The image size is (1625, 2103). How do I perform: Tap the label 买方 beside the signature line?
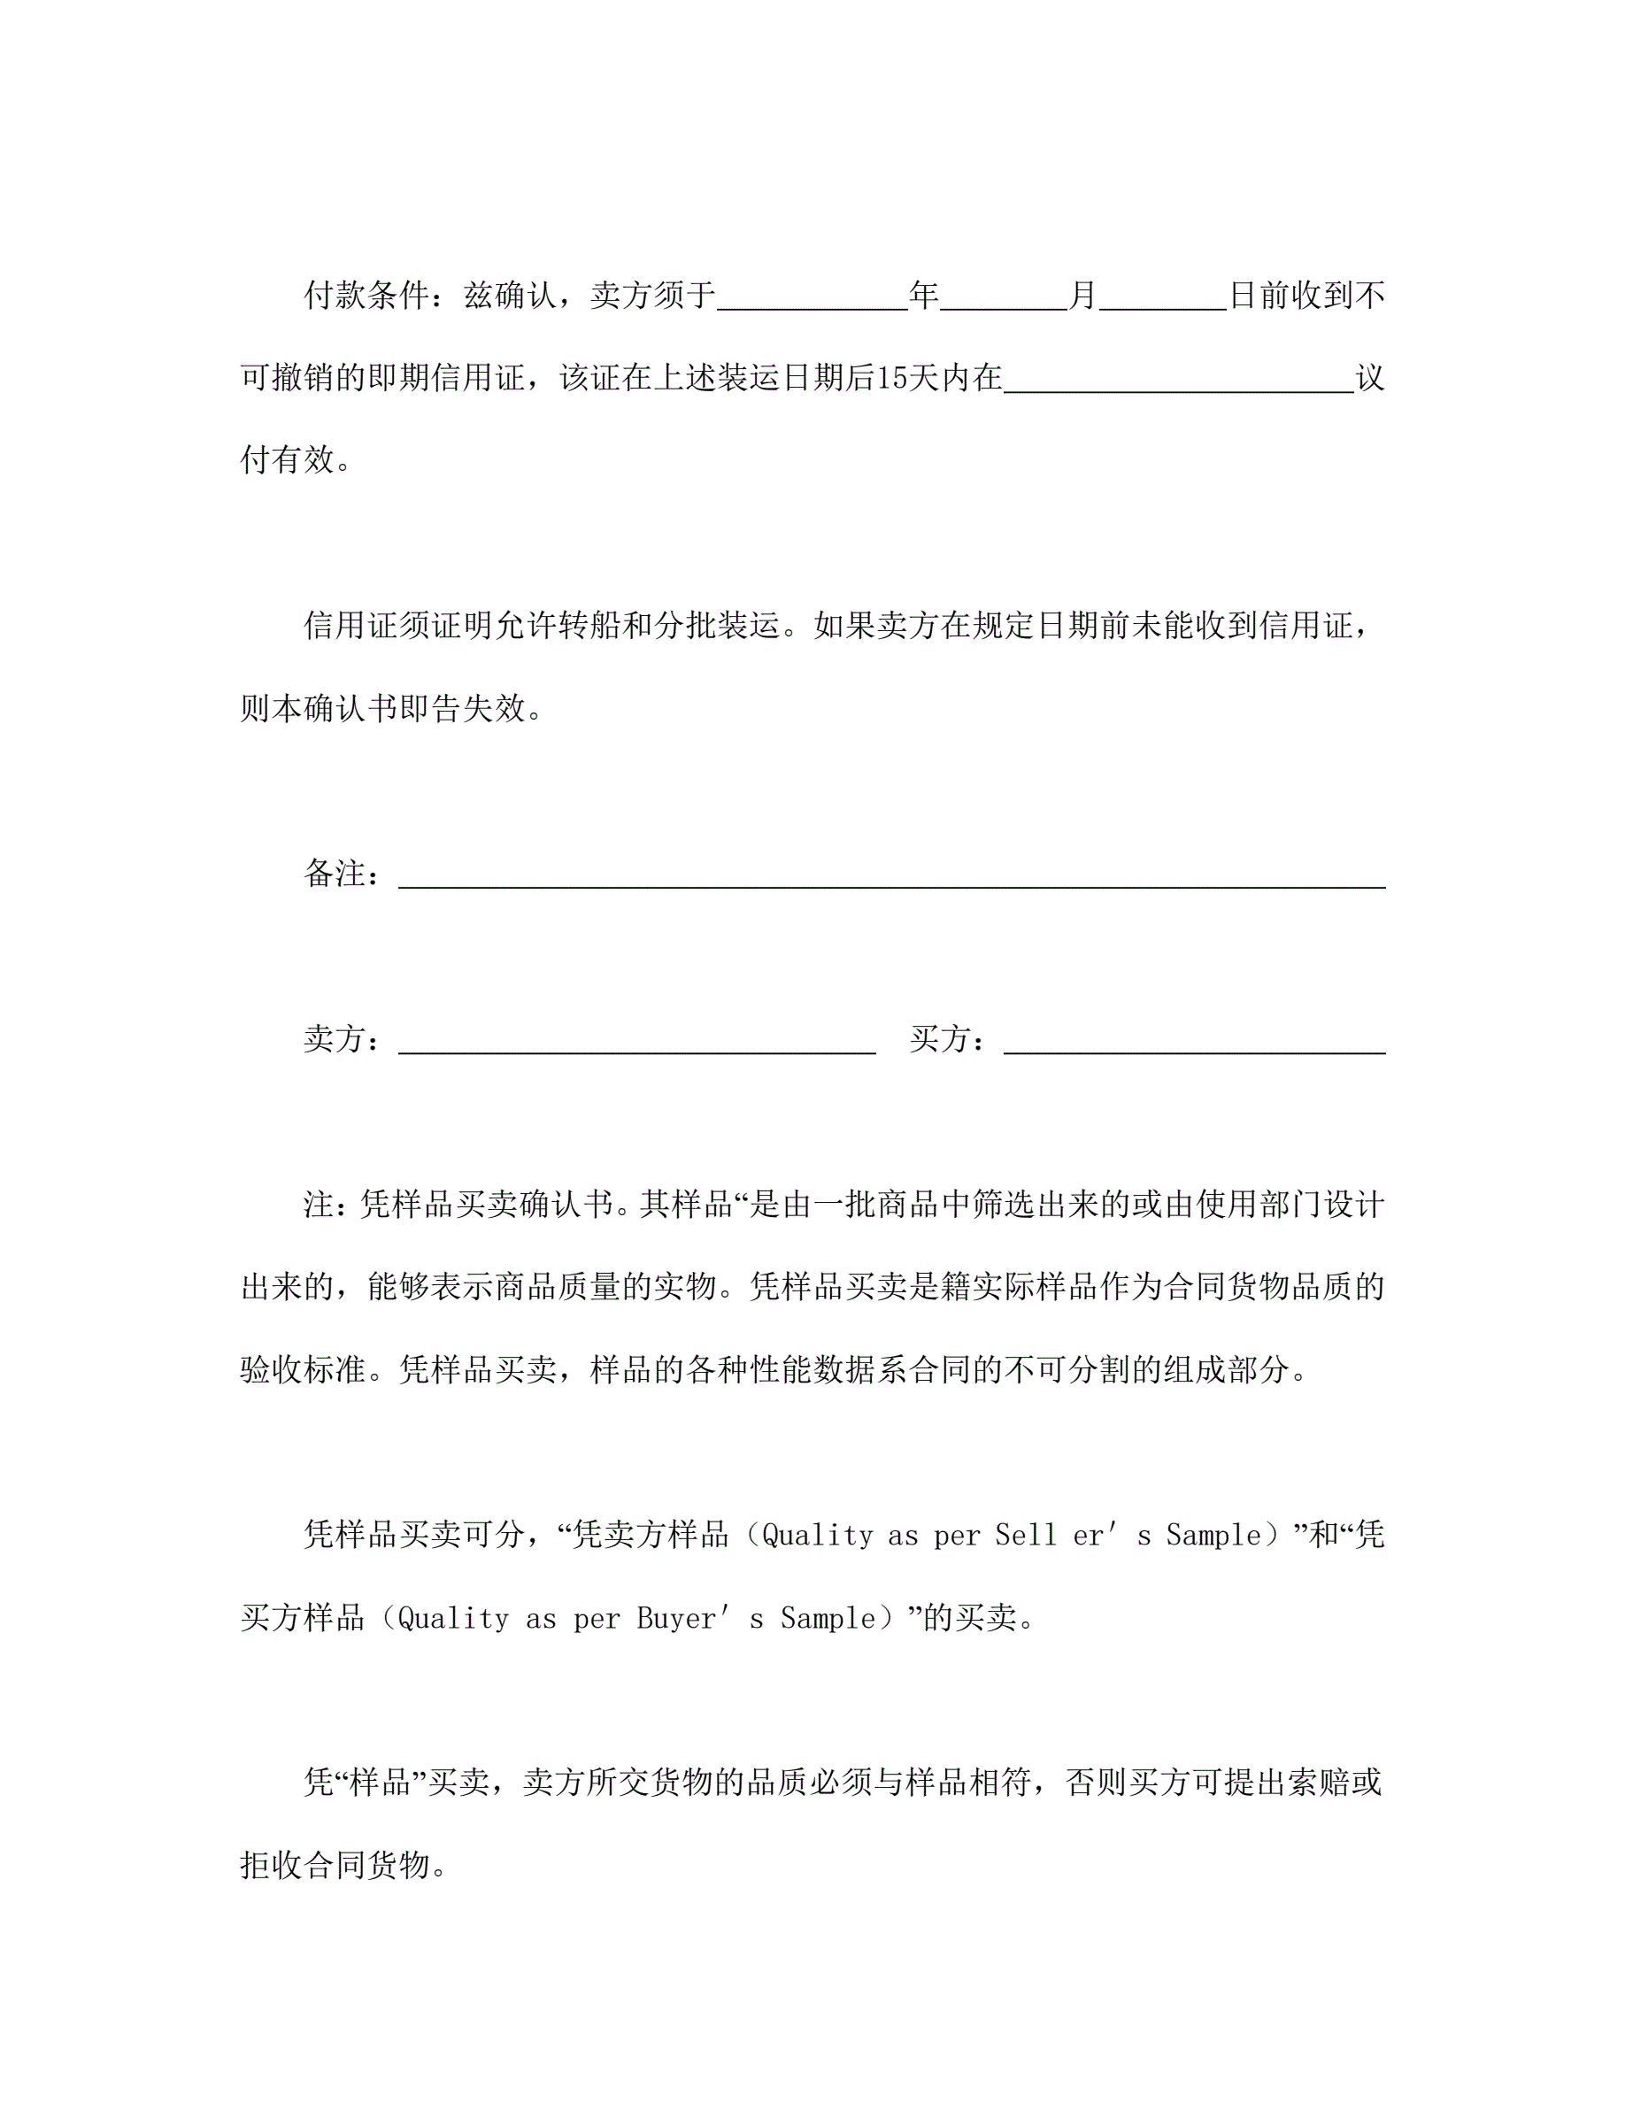click(941, 1039)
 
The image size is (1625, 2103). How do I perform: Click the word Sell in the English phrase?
click(1026, 1535)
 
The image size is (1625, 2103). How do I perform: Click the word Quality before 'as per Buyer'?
click(452, 1619)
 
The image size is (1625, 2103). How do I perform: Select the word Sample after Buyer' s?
click(828, 1619)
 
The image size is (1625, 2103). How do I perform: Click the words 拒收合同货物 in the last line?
click(334, 1865)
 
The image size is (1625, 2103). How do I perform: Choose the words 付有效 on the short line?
click(287, 460)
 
